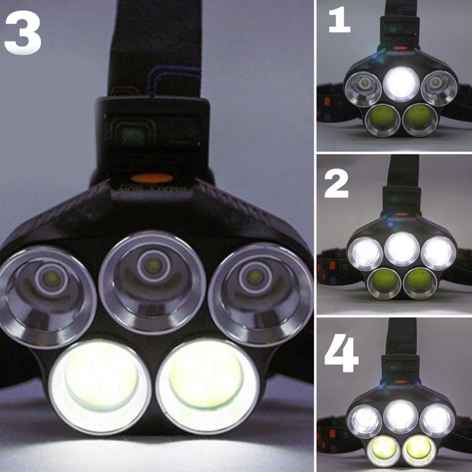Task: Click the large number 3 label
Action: click(x=23, y=32)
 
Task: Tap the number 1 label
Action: click(x=340, y=21)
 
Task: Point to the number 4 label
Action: click(x=341, y=353)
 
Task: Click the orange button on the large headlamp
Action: click(x=152, y=179)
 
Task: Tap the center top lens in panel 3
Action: click(x=152, y=283)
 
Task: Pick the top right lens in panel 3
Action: click(x=261, y=295)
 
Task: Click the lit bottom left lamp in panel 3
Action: click(x=99, y=387)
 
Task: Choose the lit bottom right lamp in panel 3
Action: click(x=208, y=386)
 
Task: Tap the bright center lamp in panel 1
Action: click(x=402, y=84)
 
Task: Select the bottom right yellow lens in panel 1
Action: click(x=419, y=120)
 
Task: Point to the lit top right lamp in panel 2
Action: click(x=438, y=253)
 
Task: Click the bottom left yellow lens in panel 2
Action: click(x=384, y=283)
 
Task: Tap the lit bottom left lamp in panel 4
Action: click(x=383, y=450)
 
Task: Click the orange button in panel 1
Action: click(x=399, y=48)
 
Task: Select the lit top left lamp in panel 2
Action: click(x=365, y=254)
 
